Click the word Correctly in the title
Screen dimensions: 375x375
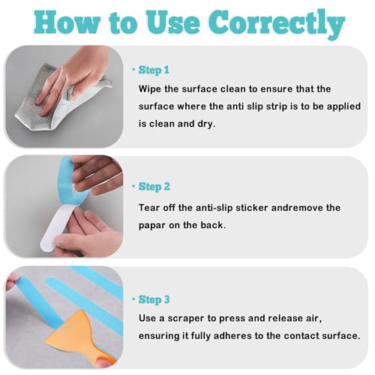pyautogui.click(x=277, y=23)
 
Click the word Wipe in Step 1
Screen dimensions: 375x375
pyautogui.click(x=150, y=89)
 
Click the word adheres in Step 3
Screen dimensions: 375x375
pyautogui.click(x=232, y=336)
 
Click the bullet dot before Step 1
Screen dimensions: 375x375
pyautogui.click(x=133, y=70)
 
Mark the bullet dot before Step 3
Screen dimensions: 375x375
pyautogui.click(x=133, y=299)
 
